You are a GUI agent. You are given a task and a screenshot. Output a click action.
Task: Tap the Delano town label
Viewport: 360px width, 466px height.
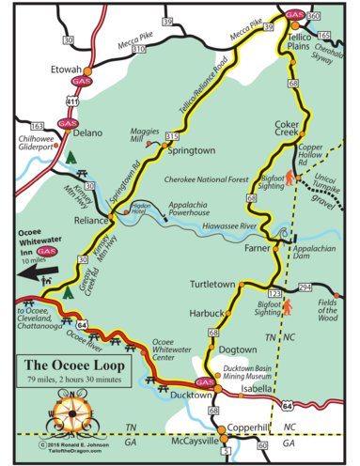click(86, 132)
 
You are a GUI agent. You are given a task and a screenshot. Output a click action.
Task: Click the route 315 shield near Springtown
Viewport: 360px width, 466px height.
click(171, 137)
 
